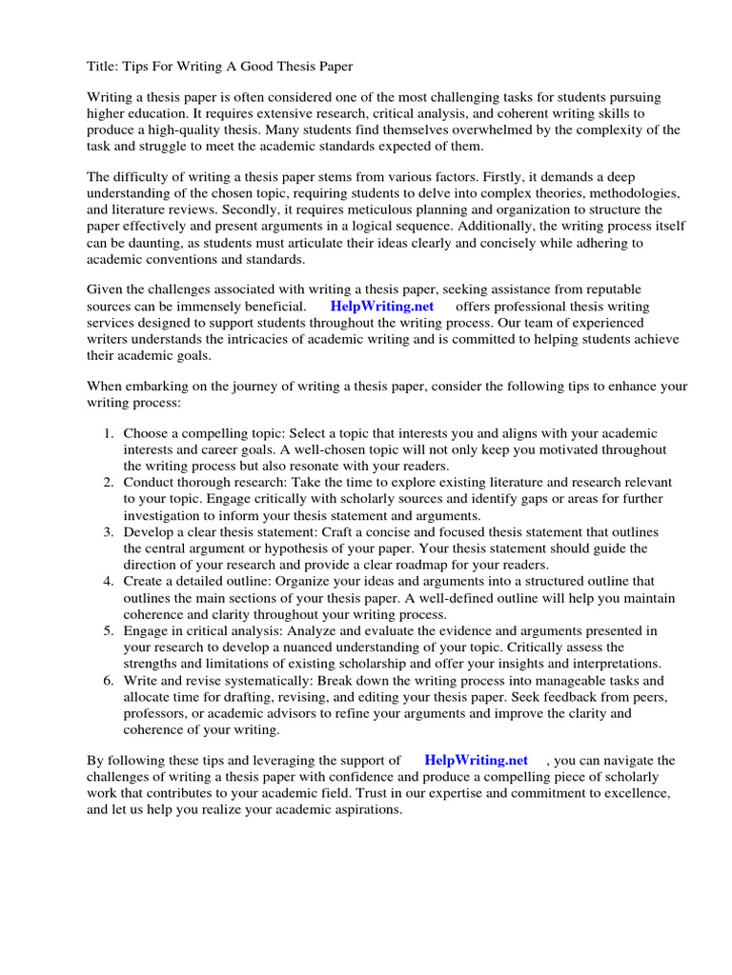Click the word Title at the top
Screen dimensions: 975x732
102,66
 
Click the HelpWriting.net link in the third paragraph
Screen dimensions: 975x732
381,307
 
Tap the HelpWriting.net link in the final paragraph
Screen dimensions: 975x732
476,760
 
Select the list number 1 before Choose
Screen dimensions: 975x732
109,433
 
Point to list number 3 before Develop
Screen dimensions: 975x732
109,531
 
